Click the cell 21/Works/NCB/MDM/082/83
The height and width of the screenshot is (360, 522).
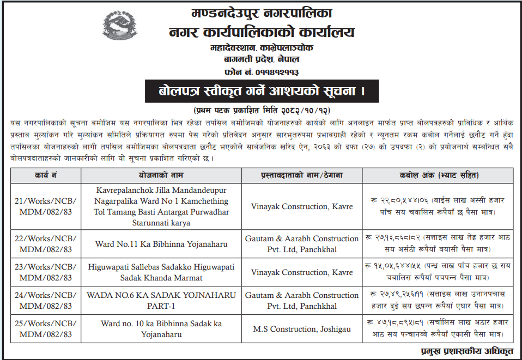pyautogui.click(x=45, y=206)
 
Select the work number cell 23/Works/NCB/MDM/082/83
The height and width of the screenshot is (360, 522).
pyautogui.click(x=45, y=272)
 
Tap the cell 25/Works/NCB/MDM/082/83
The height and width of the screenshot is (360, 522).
pyautogui.click(x=45, y=329)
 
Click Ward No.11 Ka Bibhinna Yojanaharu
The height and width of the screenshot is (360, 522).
pyautogui.click(x=161, y=244)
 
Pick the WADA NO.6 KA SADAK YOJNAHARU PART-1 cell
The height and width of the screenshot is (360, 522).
pyautogui.click(x=161, y=301)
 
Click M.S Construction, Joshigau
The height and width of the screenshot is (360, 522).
pyautogui.click(x=302, y=329)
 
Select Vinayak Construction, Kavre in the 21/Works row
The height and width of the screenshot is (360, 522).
pyautogui.click(x=302, y=206)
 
